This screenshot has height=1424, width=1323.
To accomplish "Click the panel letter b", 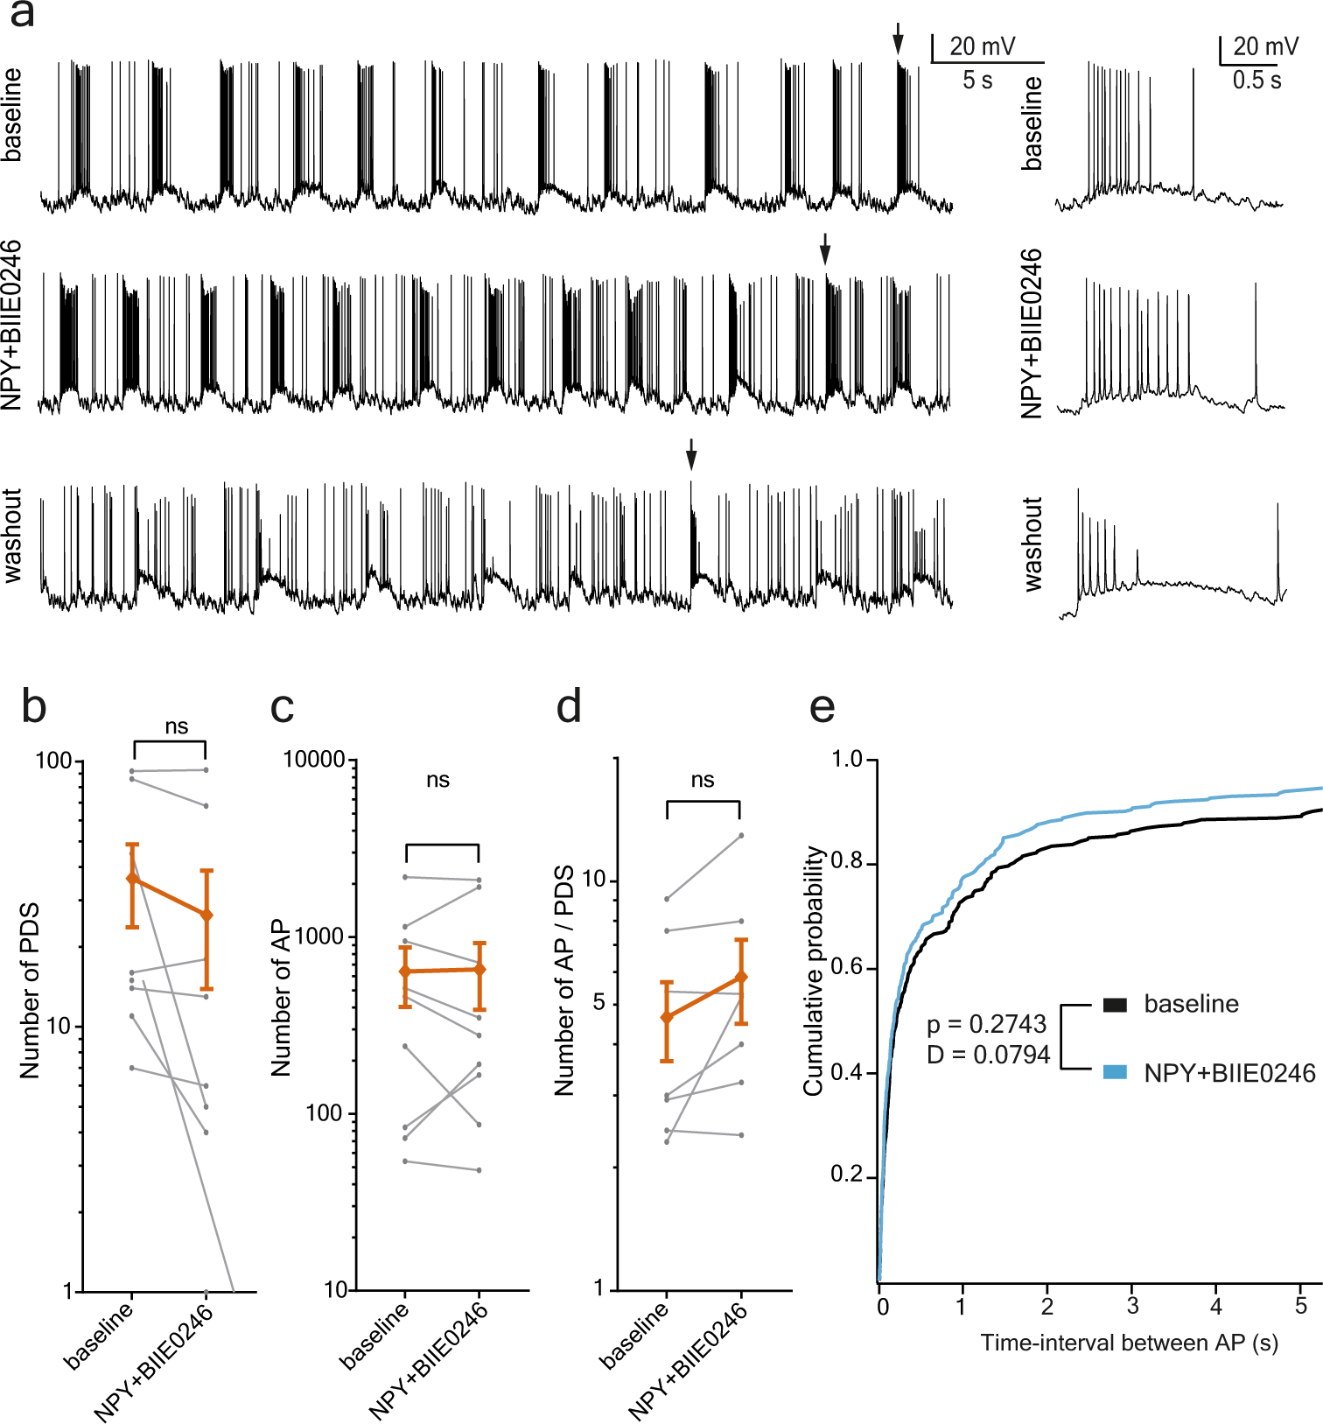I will pos(33,706).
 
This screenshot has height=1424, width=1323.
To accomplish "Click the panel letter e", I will pos(822,707).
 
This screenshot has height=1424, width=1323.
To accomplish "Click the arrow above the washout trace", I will pos(691,454).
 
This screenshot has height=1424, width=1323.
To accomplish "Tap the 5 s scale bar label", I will pos(977,81).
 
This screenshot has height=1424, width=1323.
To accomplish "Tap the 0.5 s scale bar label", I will pos(1256,81).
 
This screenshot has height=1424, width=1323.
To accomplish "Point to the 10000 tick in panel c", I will pos(314,760).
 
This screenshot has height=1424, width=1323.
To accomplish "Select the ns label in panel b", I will pos(177,726).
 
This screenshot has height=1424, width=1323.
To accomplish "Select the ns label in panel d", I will pos(703,780).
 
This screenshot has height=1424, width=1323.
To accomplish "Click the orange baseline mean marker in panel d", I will pos(667,1017).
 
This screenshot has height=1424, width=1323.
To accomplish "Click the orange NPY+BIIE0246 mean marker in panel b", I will pos(206,915).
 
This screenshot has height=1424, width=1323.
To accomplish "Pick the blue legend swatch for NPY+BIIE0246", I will pos(1114,1072).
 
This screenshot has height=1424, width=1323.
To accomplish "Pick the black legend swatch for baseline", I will pos(1114,1004).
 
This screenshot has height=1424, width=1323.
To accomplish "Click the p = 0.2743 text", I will pos(986,1024).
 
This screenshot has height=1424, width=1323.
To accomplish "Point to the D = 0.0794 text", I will pos(988,1055).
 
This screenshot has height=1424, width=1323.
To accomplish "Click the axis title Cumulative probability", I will pos(815,971).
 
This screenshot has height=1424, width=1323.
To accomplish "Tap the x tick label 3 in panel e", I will pos(1132,1307).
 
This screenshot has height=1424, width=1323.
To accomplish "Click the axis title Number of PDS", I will pos(30,990).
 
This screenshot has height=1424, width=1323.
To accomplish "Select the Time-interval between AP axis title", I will pos(1129,1343).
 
